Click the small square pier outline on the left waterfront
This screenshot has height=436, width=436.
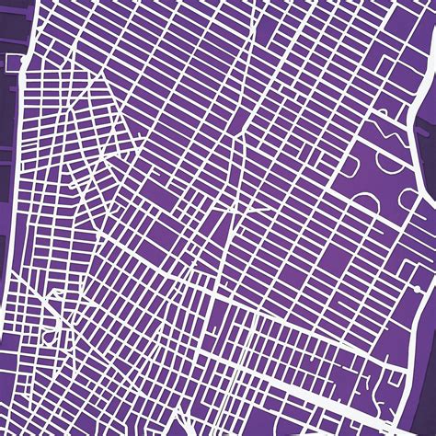point(12,63)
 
